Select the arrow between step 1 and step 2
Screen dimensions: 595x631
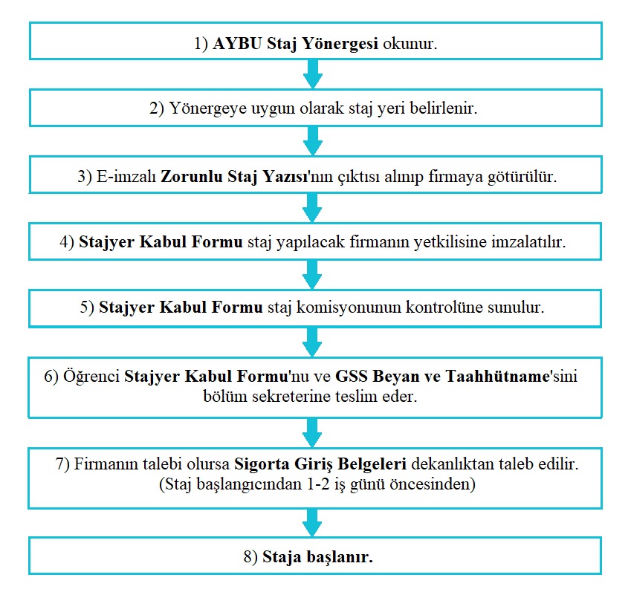[313, 74]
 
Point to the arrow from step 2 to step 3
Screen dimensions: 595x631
[313, 140]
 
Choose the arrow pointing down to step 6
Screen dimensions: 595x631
[313, 341]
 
